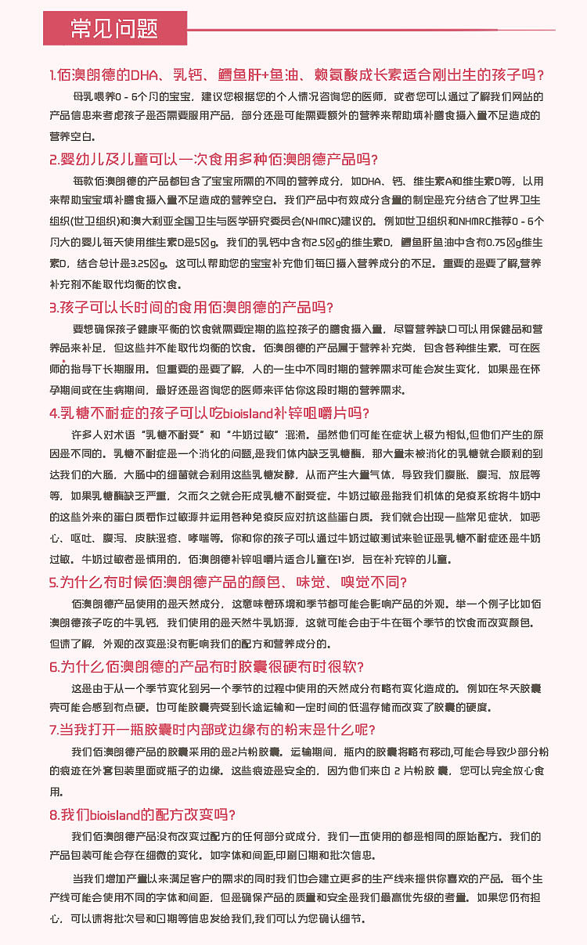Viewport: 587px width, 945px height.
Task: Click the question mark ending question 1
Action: click(540, 75)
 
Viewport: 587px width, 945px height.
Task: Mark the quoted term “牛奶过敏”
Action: click(258, 433)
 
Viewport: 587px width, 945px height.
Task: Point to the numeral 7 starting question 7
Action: click(52, 729)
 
